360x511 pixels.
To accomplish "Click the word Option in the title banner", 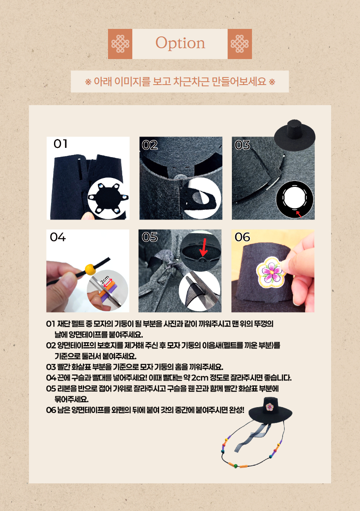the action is coord(180,43).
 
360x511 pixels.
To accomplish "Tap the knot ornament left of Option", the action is coord(120,44).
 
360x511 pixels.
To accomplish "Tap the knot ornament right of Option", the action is coord(239,44).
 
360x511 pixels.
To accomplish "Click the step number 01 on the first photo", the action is coord(60,144).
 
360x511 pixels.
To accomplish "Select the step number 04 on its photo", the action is coord(58,237).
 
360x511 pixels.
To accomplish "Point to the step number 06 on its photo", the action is coord(242,237).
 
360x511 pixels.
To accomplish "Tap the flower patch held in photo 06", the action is coord(271,271).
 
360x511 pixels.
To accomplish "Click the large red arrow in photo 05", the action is coord(203,248).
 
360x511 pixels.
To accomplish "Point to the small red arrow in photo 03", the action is coord(299,214).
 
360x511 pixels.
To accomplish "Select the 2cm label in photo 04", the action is coord(105,280).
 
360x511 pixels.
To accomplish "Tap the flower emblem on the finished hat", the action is coord(270,406).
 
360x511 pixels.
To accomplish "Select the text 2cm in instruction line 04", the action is coord(200,378).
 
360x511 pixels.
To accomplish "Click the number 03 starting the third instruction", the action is coord(51,367).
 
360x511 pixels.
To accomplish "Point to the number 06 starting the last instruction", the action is coord(51,410).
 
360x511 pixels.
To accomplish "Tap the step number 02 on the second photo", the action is coord(149,145).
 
